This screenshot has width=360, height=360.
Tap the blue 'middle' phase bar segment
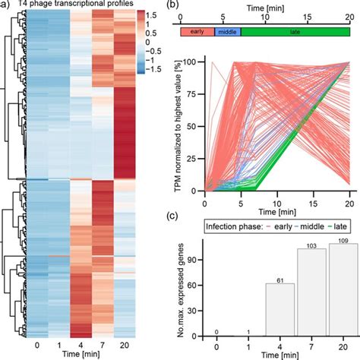click(226, 32)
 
